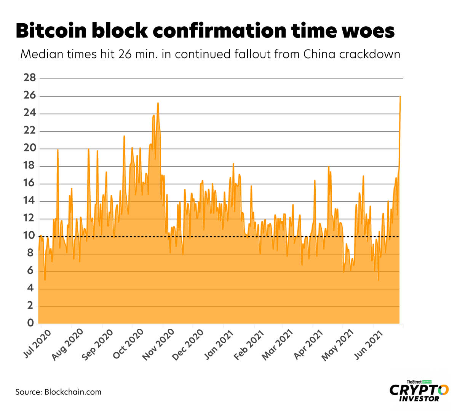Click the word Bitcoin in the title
click(x=51, y=30)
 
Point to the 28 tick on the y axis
click(x=30, y=78)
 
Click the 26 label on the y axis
click(x=30, y=95)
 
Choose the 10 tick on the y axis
click(x=30, y=236)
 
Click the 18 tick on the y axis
click(x=30, y=166)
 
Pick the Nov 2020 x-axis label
click(x=158, y=345)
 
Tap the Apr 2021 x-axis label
click(x=309, y=345)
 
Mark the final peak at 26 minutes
click(x=400, y=97)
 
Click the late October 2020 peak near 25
click(x=158, y=103)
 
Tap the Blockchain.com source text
click(x=73, y=392)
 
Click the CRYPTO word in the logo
click(x=419, y=390)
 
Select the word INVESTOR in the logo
click(x=419, y=399)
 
